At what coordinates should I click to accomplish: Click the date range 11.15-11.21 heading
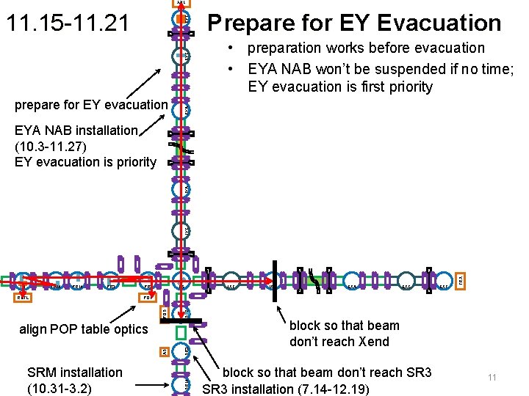coord(67,23)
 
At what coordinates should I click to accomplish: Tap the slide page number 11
coord(492,377)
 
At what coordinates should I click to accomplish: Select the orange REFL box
coord(25,298)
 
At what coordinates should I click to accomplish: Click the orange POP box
coord(148,298)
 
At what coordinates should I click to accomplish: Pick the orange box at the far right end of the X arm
coord(461,280)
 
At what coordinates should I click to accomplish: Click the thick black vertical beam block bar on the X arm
coord(273,280)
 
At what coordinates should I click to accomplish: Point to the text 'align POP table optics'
coord(83,329)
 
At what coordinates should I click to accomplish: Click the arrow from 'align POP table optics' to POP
coord(148,312)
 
